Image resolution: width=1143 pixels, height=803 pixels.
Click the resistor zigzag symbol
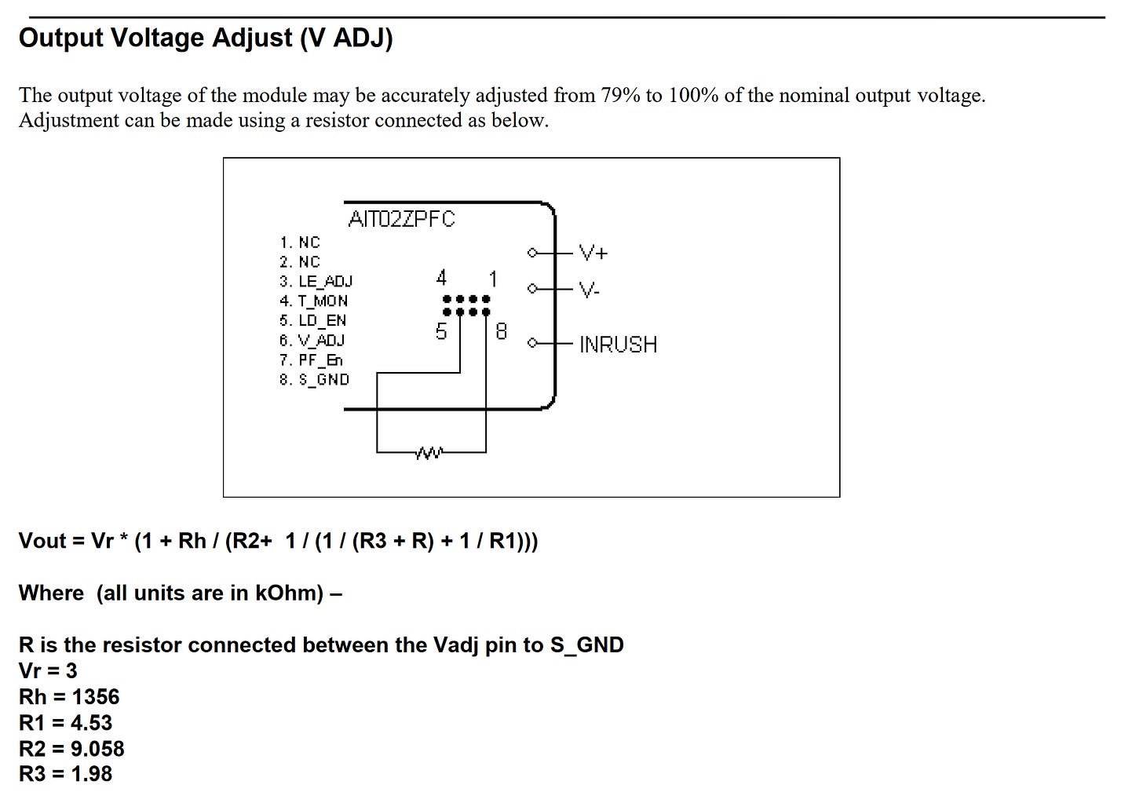pos(429,453)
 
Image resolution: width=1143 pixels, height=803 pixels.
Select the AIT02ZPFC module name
pos(402,219)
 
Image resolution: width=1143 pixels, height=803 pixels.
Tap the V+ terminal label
pos(593,253)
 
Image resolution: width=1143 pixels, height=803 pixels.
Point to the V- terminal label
pos(589,290)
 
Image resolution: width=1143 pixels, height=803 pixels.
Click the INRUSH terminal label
pos(619,345)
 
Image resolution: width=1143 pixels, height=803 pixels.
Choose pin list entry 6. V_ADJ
pos(312,341)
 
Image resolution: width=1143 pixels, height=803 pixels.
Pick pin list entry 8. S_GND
pos(314,380)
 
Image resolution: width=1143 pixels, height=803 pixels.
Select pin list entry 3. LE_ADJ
pos(316,281)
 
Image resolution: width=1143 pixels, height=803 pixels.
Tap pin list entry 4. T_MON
pos(314,301)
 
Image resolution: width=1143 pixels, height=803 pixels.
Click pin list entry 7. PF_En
pos(311,360)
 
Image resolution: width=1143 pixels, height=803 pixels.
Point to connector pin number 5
pos(441,331)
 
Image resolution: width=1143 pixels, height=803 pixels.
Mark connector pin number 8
pos(501,331)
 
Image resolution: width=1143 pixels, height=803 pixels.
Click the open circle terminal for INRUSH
pos(532,343)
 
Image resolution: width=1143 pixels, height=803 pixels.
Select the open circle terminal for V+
pos(532,253)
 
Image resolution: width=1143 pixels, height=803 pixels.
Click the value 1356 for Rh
pos(96,697)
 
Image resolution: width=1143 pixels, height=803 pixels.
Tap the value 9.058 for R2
pos(97,749)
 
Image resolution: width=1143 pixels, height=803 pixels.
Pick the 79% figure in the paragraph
pos(620,96)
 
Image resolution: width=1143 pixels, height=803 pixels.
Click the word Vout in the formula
pos(42,541)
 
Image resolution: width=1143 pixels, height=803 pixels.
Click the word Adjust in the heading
pos(252,38)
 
